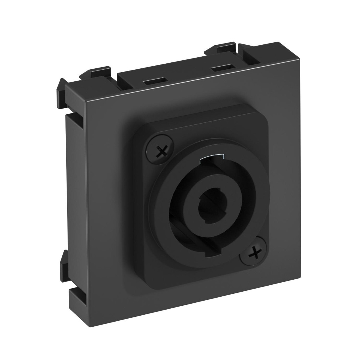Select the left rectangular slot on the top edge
pos(155,81)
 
